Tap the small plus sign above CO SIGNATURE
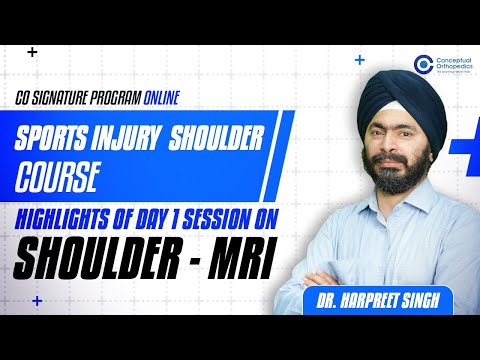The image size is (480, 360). (x=33, y=50)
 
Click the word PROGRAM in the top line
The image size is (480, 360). (x=140, y=100)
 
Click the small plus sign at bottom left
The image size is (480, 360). (x=37, y=299)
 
